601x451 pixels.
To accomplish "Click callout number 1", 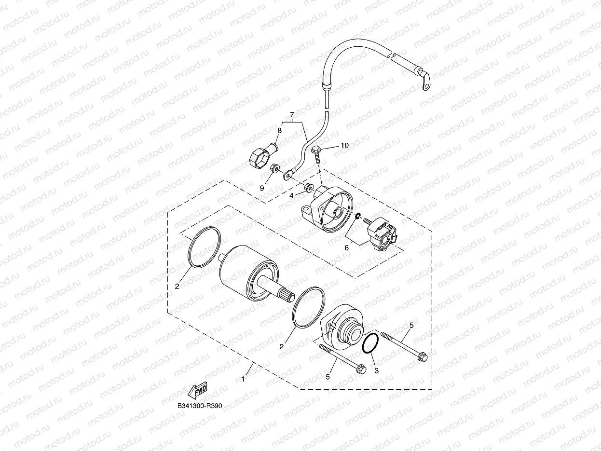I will pos(243,379).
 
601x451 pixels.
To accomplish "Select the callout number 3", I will pos(377,370).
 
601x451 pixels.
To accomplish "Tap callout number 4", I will pos(291,195).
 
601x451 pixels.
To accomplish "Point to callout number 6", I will pos(346,247).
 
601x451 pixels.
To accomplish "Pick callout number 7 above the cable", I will pos(292,114).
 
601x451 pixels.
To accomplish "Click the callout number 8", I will pos(279,130).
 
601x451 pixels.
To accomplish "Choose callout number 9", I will pos(262,188).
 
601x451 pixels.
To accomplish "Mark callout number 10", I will pos(344,145).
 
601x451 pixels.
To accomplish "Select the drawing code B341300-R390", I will pos(199,407).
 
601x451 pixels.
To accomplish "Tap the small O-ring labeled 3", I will pos(370,343).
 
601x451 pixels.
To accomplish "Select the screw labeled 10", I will pos(316,154).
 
